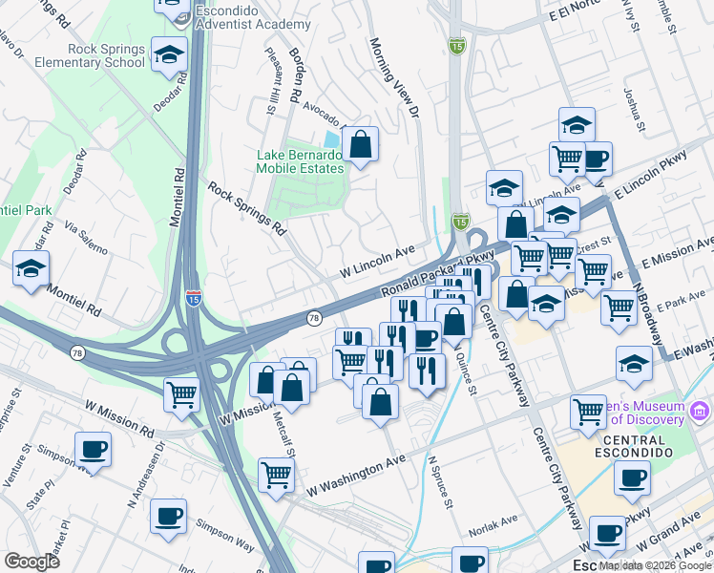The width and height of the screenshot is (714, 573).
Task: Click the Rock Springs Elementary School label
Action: pos(106,55)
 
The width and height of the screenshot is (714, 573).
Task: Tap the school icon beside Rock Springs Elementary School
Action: pos(169,56)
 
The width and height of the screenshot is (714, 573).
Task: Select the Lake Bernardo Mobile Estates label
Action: pos(299,161)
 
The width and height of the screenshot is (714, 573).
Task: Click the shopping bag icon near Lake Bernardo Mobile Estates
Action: pos(360,146)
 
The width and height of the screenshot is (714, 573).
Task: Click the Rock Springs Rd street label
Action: pos(247,208)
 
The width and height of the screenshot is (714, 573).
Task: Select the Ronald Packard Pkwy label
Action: pos(439,274)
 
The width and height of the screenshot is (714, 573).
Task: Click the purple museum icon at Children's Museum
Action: pos(702,412)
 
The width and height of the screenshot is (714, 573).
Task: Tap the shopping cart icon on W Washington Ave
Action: pos(276,474)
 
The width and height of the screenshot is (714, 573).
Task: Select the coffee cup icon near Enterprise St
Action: pos(93,449)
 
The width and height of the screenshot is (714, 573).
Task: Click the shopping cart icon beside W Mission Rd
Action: pos(180,393)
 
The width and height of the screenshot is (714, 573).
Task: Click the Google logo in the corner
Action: pos(31,562)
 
